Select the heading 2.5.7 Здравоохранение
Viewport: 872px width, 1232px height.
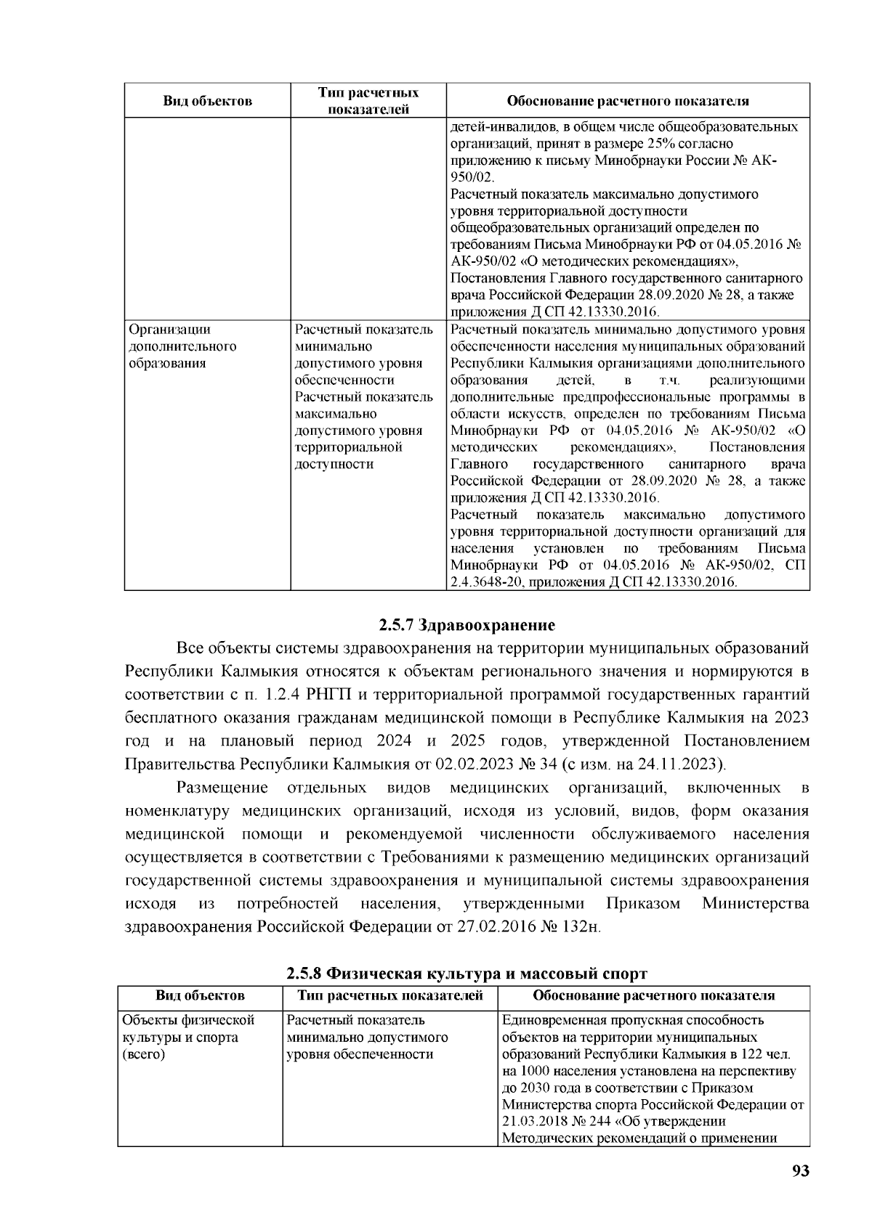(467, 625)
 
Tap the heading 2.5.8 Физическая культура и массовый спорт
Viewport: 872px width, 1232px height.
(467, 973)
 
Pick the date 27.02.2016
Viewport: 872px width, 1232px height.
(493, 927)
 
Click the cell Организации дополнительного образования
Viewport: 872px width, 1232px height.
(182, 347)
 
